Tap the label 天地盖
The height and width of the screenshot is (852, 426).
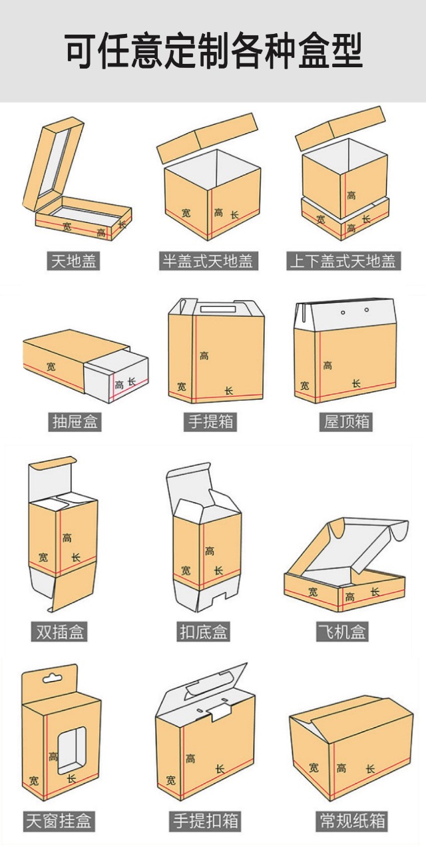tap(75, 261)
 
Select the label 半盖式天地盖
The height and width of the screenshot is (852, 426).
tap(209, 261)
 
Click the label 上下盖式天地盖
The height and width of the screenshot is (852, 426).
tap(342, 261)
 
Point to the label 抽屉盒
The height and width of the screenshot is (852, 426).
tap(75, 421)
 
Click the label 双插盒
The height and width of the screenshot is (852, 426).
tap(59, 632)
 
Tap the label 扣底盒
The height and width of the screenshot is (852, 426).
tap(204, 632)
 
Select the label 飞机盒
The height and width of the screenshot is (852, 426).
tap(342, 632)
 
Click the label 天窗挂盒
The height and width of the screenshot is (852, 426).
tap(59, 821)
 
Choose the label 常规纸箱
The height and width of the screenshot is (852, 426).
tap(351, 821)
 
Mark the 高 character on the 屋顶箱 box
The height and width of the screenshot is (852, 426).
tap(327, 365)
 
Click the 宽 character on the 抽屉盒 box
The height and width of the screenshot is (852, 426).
tap(52, 366)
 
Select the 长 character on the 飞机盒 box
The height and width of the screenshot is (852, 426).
tap(375, 592)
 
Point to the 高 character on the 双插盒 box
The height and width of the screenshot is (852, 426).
tap(67, 537)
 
